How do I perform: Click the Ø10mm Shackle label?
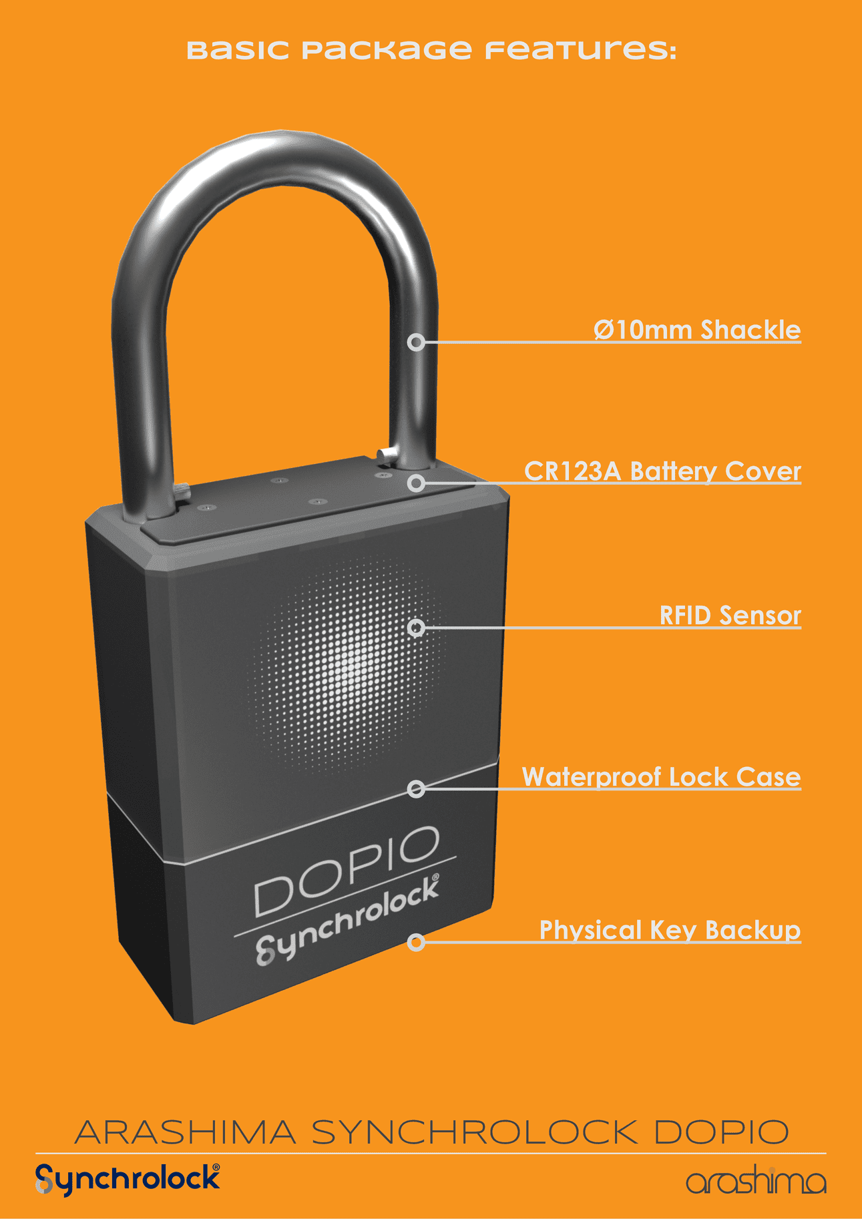click(x=697, y=330)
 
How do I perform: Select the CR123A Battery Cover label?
click(x=662, y=471)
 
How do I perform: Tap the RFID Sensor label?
click(x=730, y=616)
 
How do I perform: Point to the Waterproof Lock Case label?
click(x=661, y=777)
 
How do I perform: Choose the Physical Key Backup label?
click(x=670, y=930)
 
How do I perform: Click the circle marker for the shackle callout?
click(x=416, y=342)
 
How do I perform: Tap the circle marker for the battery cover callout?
click(x=416, y=483)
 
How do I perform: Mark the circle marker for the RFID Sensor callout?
click(x=416, y=628)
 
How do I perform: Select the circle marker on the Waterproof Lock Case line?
click(x=416, y=789)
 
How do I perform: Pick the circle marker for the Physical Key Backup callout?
click(x=416, y=942)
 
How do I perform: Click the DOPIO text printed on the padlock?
click(x=347, y=871)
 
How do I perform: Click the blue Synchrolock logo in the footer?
click(x=127, y=1180)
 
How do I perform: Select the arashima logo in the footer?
click(x=756, y=1182)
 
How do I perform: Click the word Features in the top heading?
click(x=580, y=50)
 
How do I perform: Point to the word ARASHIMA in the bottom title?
click(x=185, y=1133)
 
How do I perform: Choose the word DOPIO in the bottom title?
click(x=721, y=1133)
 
